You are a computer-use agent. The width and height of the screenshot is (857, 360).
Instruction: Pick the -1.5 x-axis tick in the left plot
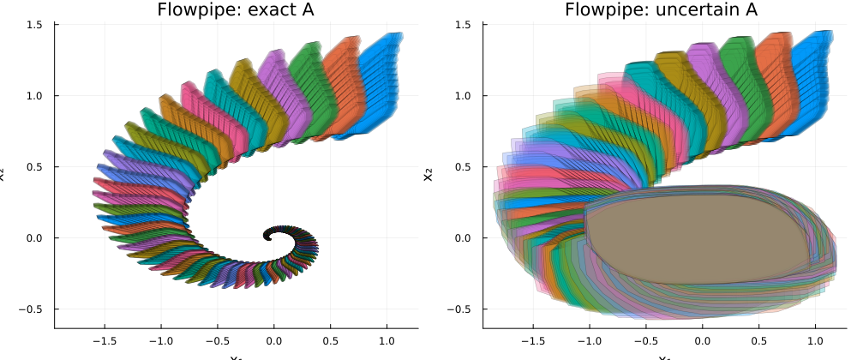(x=104, y=339)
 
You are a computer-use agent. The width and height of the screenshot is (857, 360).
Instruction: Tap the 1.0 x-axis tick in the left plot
(x=387, y=339)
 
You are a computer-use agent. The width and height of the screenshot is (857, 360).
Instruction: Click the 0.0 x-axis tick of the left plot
(x=274, y=339)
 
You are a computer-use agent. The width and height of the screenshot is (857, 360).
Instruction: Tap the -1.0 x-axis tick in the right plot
(x=589, y=339)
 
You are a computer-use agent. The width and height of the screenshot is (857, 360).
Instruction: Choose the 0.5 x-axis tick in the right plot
(x=759, y=339)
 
